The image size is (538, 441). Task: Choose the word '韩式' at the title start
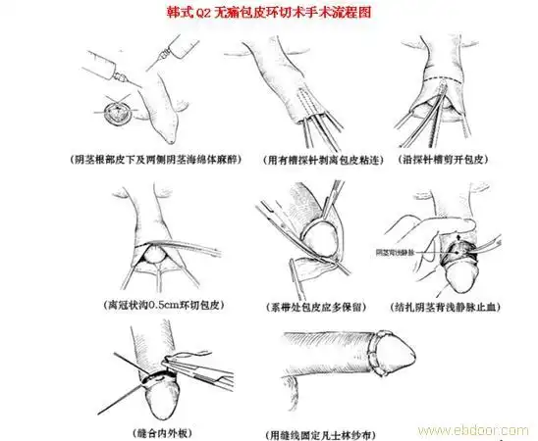185,13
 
